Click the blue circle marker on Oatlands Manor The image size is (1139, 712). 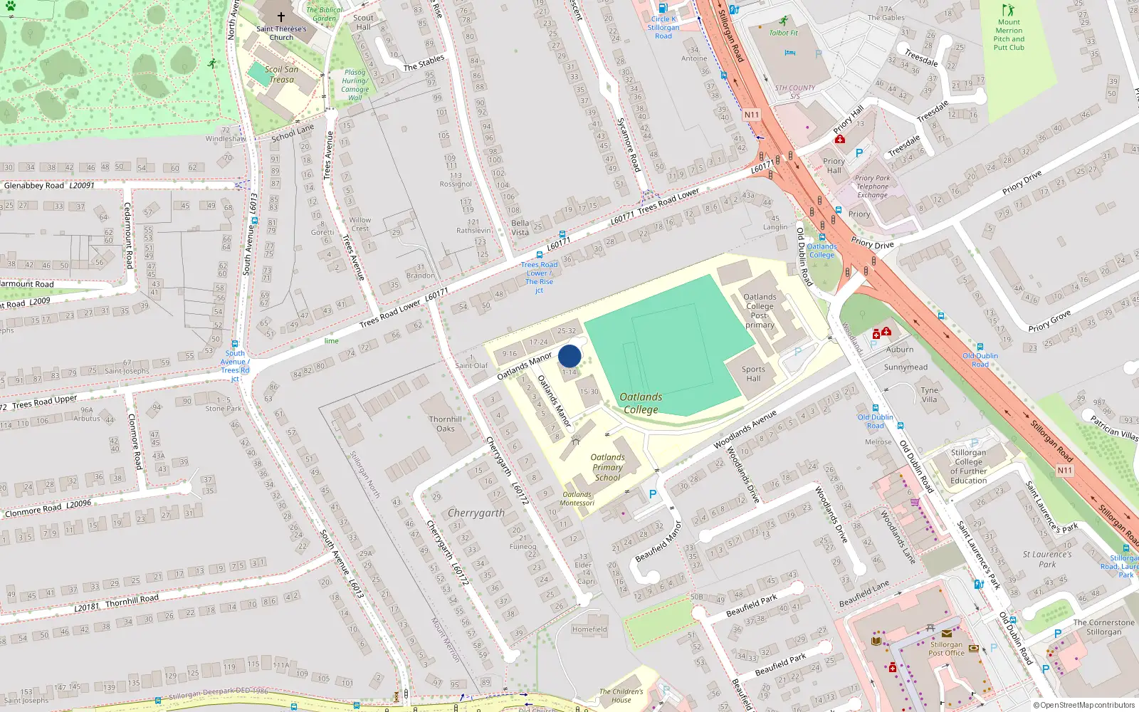[569, 356]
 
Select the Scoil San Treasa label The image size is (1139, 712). [281, 74]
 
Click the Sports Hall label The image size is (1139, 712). [753, 374]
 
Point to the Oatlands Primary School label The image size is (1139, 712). [607, 468]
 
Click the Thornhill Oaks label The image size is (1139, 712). [445, 424]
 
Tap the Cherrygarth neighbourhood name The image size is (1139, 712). [476, 513]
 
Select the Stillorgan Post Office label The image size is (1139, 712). [946, 649]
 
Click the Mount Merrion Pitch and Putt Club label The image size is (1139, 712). [1009, 35]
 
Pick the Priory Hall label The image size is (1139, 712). [834, 166]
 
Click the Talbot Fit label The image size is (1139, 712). [783, 33]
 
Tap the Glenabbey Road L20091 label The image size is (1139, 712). [48, 186]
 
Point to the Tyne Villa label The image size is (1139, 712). [929, 394]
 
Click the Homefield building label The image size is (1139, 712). [589, 629]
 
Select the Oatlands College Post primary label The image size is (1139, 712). [760, 310]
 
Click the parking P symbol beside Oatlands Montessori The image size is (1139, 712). [652, 493]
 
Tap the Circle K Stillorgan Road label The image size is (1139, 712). [663, 28]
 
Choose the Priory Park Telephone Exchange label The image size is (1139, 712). [872, 187]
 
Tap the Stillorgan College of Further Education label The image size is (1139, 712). [968, 466]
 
